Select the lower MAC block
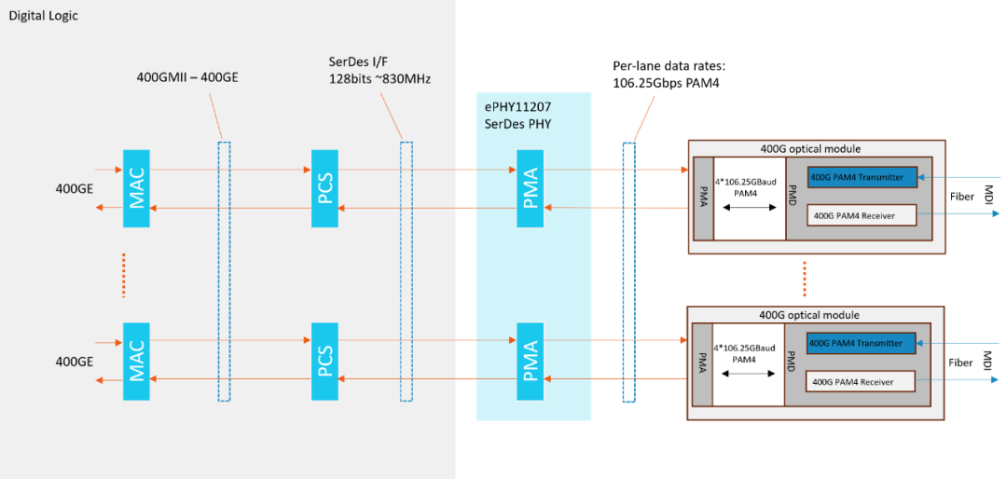click(x=136, y=362)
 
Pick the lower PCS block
click(x=324, y=362)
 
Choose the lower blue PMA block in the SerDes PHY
click(x=530, y=362)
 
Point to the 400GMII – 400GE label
click(x=187, y=77)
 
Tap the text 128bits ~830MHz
click(x=379, y=78)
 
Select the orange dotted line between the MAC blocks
click(x=124, y=274)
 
